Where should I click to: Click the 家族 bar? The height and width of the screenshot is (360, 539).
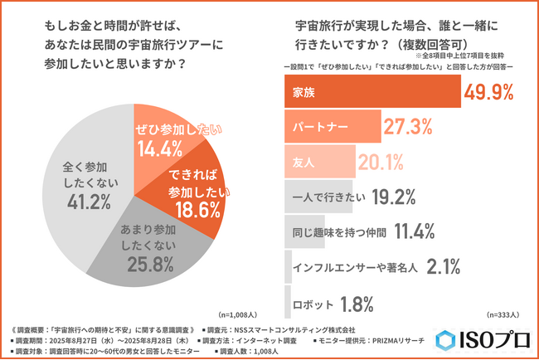point(372,92)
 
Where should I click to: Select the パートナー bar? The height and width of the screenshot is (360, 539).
point(332,128)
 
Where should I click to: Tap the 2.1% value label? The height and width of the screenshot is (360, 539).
point(448,266)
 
